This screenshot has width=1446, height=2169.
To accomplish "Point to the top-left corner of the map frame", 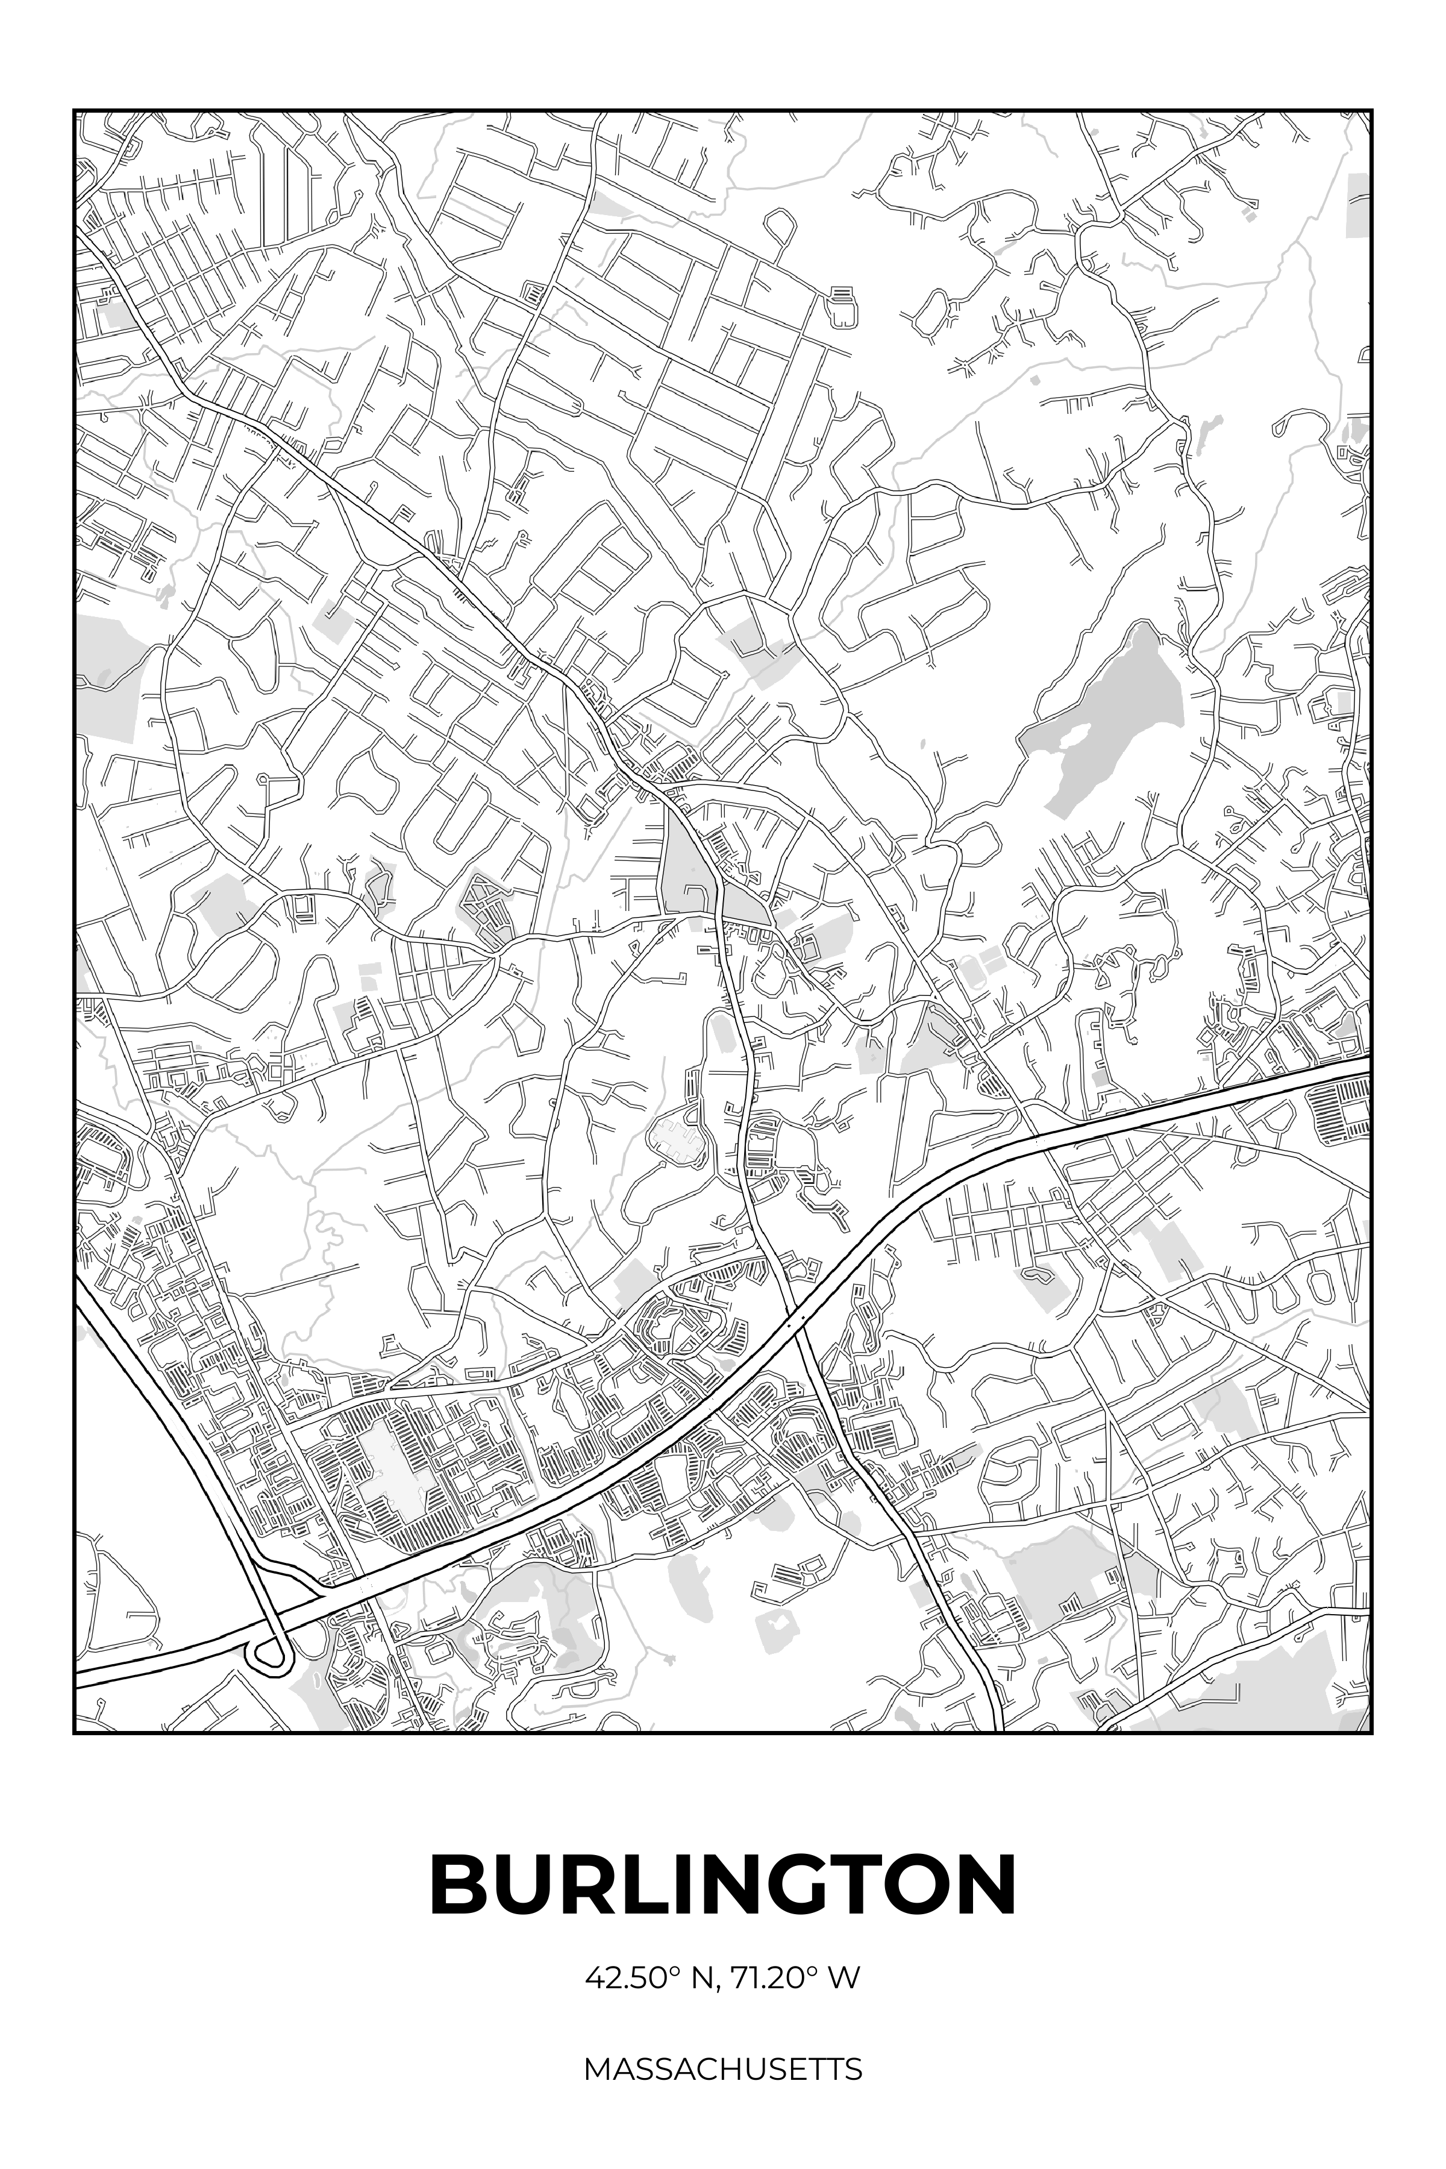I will click(x=75, y=111).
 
